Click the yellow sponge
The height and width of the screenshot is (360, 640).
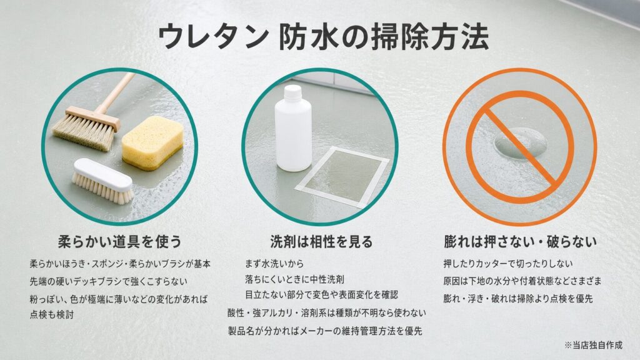(152, 142)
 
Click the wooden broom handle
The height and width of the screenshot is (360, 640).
(116, 92)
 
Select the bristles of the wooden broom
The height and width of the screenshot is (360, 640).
(84, 132)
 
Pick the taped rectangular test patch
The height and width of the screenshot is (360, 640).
(342, 176)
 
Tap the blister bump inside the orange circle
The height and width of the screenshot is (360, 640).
(521, 144)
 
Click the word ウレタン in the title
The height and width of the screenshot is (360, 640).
(212, 37)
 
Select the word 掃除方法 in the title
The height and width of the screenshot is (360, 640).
(430, 37)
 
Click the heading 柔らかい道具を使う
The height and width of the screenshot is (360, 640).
(119, 242)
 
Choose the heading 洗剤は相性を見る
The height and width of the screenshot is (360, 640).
(321, 242)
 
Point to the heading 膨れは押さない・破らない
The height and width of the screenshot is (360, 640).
(520, 242)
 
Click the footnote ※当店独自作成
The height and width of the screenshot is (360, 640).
(594, 345)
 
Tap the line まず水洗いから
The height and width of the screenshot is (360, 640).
(274, 264)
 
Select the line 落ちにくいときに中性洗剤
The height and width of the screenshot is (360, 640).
(294, 279)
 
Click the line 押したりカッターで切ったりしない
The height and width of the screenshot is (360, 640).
(508, 264)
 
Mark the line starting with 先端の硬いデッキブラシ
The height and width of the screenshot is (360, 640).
(109, 281)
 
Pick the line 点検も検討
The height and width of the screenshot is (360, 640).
(52, 314)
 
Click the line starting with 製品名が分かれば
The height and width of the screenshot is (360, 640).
(325, 331)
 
